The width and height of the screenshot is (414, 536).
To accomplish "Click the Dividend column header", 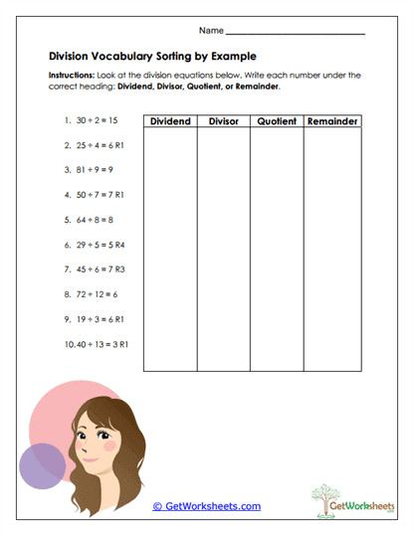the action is click(x=170, y=121).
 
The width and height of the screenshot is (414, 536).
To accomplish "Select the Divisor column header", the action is click(x=223, y=121).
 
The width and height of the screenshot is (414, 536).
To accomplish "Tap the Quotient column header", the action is click(x=276, y=121).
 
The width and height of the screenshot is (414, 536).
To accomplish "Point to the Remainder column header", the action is click(x=332, y=121).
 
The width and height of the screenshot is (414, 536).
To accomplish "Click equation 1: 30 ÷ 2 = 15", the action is click(x=88, y=119).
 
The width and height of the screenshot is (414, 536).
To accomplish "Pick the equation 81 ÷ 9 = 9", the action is click(x=86, y=169).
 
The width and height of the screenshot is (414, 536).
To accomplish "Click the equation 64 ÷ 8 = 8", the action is click(x=86, y=219).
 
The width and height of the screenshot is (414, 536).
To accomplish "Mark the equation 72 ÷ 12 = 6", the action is click(x=88, y=294).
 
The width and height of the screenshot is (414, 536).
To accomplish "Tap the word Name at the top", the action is click(x=211, y=31).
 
